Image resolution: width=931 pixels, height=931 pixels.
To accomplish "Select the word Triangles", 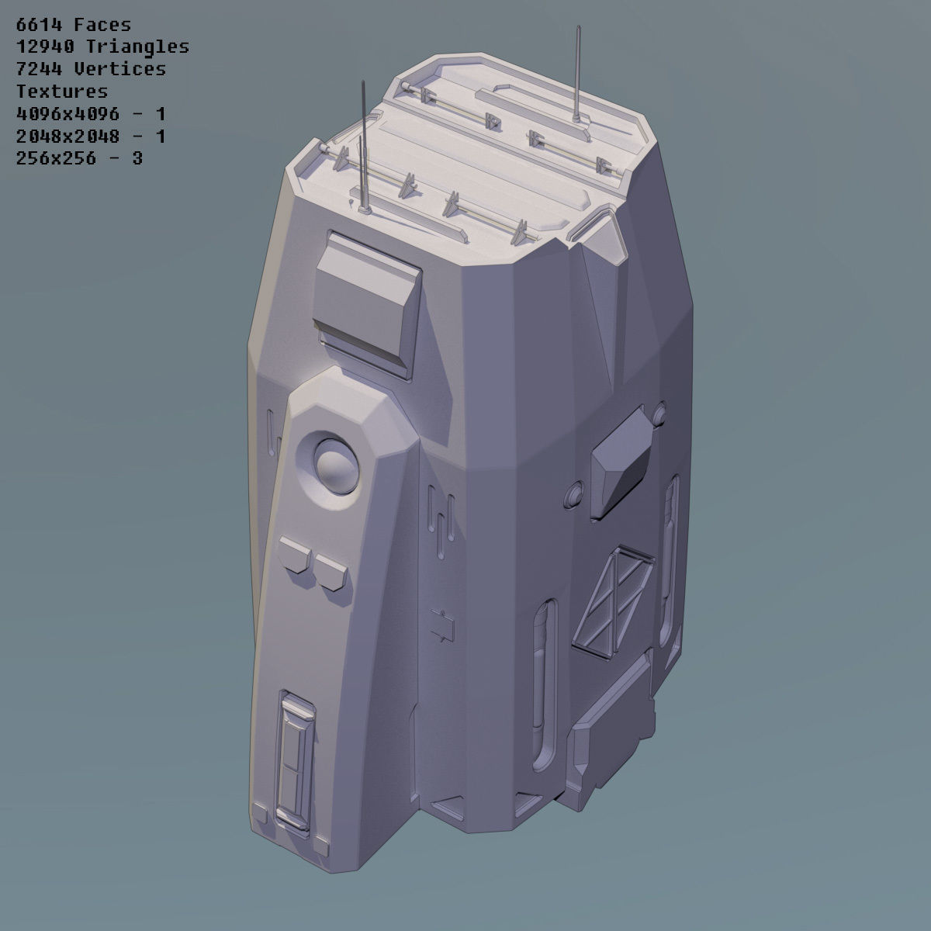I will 133,47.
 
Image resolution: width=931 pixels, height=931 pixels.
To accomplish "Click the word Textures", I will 61,92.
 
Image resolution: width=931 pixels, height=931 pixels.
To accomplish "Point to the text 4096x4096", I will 67,114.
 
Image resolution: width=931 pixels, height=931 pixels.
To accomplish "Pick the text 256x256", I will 57,159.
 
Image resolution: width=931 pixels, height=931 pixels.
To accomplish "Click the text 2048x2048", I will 67,137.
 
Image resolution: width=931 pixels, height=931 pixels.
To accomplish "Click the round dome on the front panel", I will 335,463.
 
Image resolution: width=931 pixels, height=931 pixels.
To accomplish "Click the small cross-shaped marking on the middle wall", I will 443,626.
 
